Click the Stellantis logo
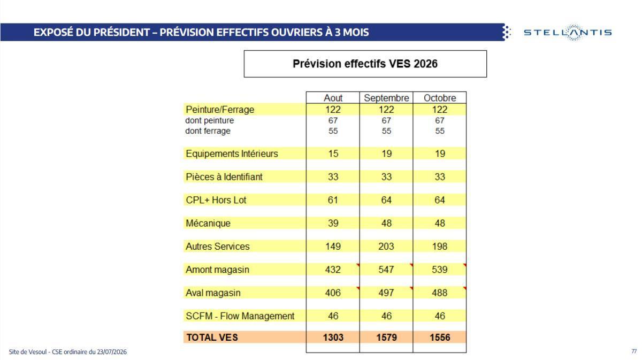pyautogui.click(x=568, y=33)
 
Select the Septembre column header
pyautogui.click(x=386, y=98)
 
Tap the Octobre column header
pyautogui.click(x=440, y=98)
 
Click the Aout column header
pyautogui.click(x=333, y=98)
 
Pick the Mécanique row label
pyautogui.click(x=208, y=223)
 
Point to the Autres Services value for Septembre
pyautogui.click(x=386, y=247)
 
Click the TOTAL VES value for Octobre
pyautogui.click(x=440, y=338)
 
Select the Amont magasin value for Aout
pyautogui.click(x=333, y=270)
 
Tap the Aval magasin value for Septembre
pyautogui.click(x=386, y=293)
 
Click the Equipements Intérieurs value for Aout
pyautogui.click(x=333, y=154)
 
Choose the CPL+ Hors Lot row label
pyautogui.click(x=216, y=200)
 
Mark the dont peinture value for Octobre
pyautogui.click(x=440, y=120)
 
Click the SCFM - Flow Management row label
pyautogui.click(x=240, y=316)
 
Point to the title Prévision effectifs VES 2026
pyautogui.click(x=365, y=64)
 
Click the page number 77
pyautogui.click(x=633, y=351)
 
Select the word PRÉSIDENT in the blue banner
pyautogui.click(x=121, y=32)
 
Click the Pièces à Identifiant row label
pyautogui.click(x=224, y=177)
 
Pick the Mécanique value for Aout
pyautogui.click(x=333, y=223)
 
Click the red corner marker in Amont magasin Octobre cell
pyautogui.click(x=464, y=265)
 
